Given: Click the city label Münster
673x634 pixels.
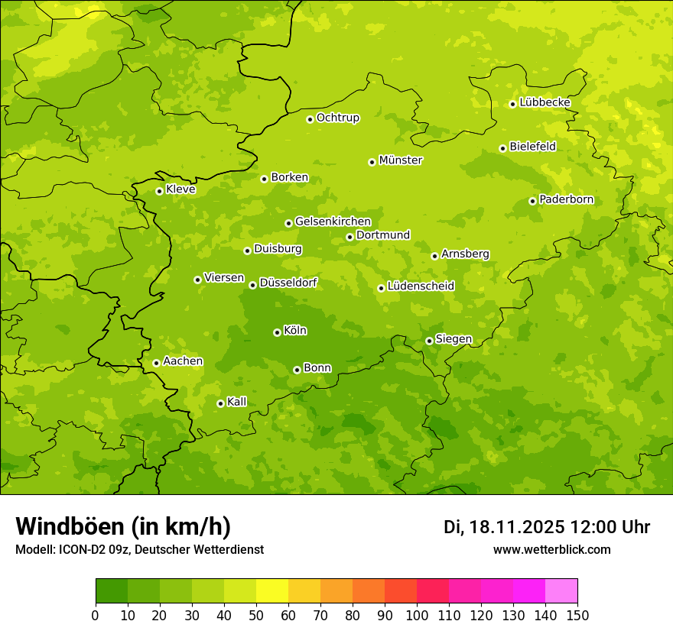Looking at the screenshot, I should (401, 160).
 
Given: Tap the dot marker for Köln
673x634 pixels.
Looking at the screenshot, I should (277, 332).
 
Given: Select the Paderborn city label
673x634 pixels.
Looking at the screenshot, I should (567, 199).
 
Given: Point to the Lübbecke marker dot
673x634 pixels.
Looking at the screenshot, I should (512, 104).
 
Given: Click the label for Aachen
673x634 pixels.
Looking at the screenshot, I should (183, 361).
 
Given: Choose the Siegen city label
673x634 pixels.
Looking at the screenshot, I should (454, 339).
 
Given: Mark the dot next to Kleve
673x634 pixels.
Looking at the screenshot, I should (159, 191).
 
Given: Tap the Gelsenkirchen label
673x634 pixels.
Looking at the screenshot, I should (333, 222).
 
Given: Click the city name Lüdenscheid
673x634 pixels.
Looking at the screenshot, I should (421, 286).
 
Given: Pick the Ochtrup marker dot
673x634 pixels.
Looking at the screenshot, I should (310, 119).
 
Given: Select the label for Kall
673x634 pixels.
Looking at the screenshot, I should (237, 402).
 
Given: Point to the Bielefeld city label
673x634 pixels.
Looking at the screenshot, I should (533, 147).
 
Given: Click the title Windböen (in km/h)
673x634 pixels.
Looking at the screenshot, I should (123, 527).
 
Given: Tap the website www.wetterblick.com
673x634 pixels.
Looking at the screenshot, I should (551, 550).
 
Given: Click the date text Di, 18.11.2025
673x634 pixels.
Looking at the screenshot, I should (504, 527).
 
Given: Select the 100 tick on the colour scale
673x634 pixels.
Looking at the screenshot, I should (417, 615).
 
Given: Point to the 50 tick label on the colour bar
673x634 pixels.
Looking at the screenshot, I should (256, 615).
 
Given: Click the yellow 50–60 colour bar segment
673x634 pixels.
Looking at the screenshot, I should (272, 591).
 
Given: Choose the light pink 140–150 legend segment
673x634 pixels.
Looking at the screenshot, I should (561, 591).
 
